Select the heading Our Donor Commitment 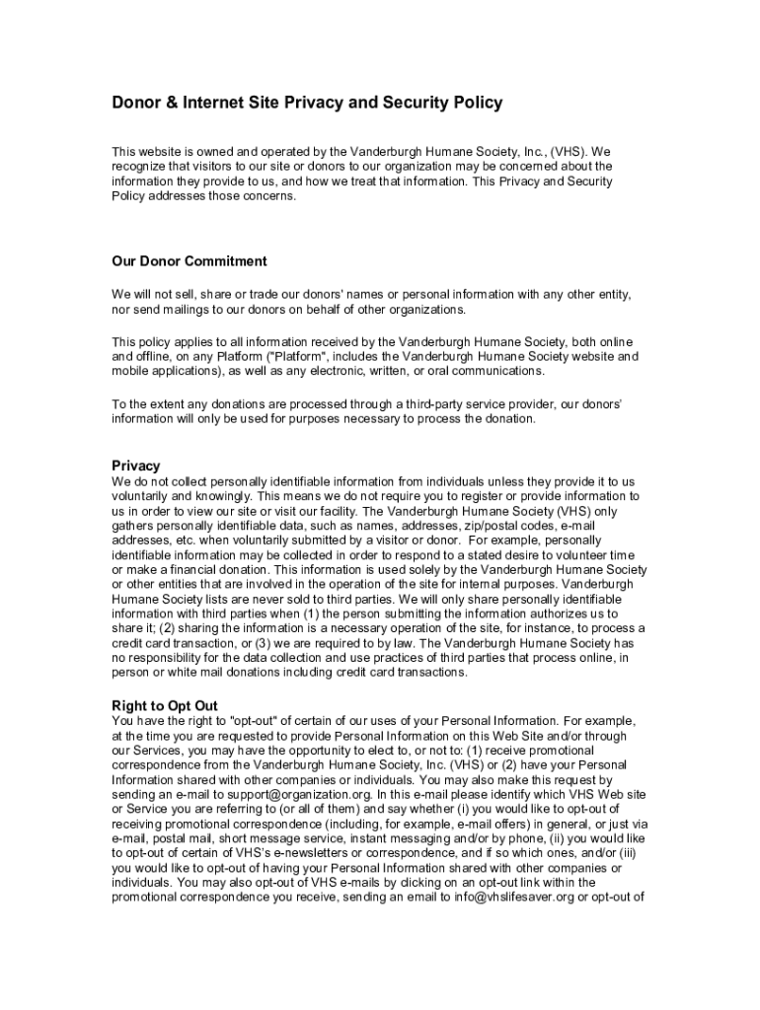(x=190, y=261)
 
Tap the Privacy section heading (x=136, y=466)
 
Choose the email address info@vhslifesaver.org (x=517, y=898)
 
